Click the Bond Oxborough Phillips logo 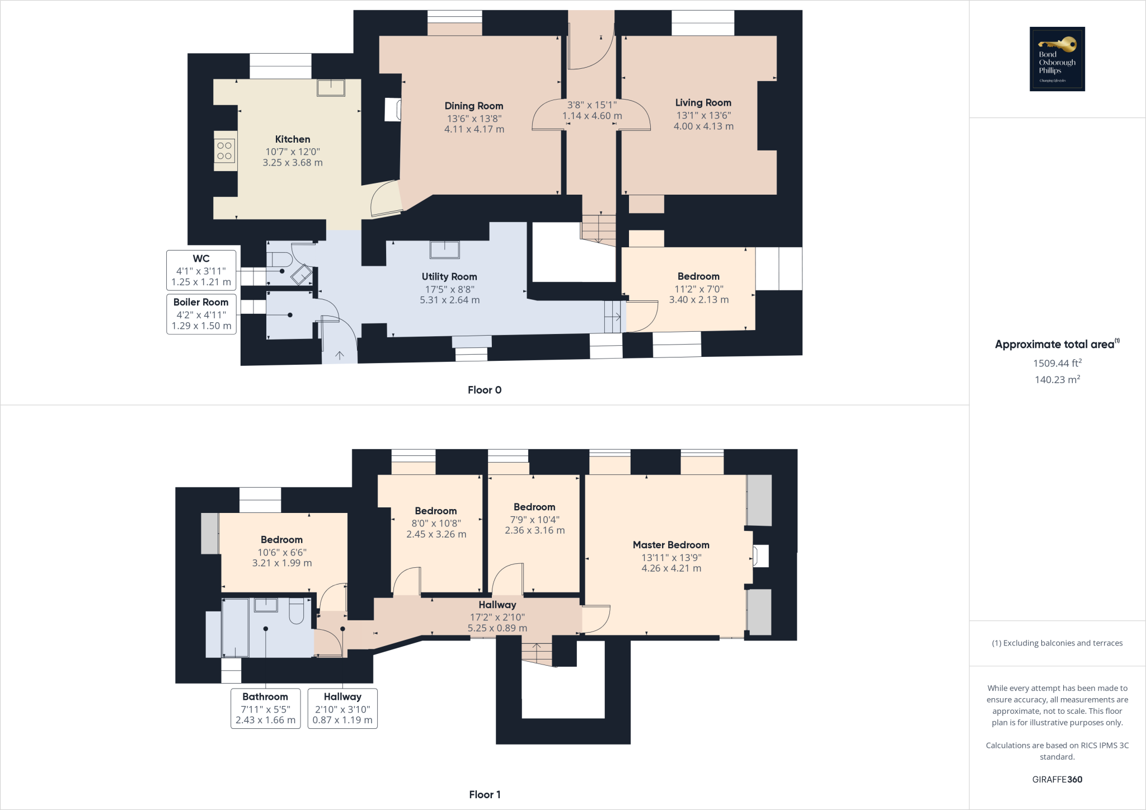pos(1057,59)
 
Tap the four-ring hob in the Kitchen pos(224,150)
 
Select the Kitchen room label pos(292,139)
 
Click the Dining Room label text pos(473,106)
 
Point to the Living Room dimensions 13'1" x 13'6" pos(703,115)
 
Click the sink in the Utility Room pos(445,249)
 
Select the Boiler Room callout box pos(201,314)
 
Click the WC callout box pos(201,270)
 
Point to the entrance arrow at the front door pos(340,355)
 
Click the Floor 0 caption pos(485,390)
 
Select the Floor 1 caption pos(485,794)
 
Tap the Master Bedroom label pos(671,545)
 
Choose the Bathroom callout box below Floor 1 pos(265,708)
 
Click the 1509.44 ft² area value pos(1057,363)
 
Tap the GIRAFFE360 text pos(1057,779)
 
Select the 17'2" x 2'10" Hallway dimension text pos(497,617)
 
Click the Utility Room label pos(449,276)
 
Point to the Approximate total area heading pos(1055,345)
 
